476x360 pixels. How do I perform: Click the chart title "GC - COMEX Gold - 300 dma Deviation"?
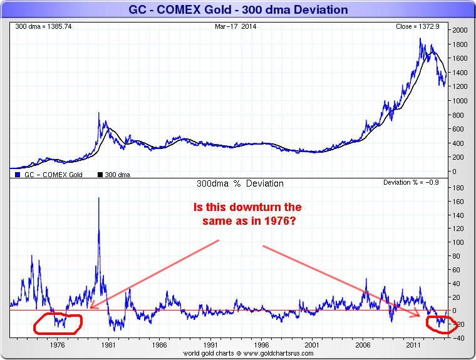(237, 10)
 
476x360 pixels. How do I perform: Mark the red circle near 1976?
(58, 322)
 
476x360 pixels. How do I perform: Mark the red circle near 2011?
(442, 324)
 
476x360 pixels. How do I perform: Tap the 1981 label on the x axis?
(108, 344)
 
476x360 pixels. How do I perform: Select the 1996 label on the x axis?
(261, 344)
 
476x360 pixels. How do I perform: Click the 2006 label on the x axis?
(363, 344)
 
